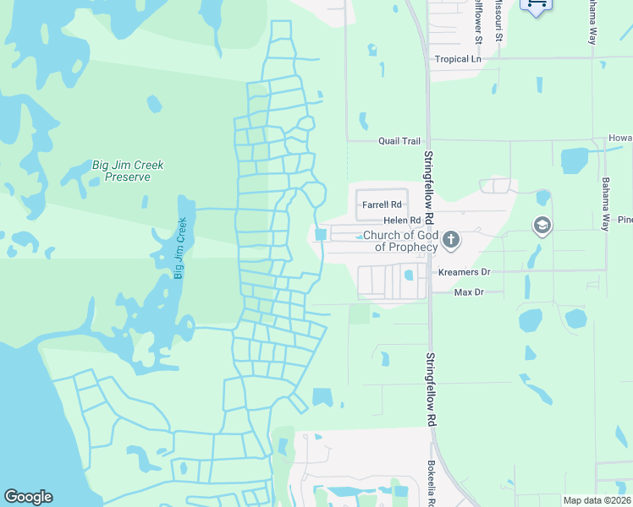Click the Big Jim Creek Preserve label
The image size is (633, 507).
tap(127, 172)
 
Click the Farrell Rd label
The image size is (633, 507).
tap(381, 204)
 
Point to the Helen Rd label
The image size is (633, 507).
tap(402, 220)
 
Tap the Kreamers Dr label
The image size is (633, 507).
tap(464, 272)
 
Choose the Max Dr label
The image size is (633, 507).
tap(468, 292)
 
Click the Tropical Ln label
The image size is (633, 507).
tap(457, 59)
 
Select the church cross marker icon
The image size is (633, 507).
tap(451, 241)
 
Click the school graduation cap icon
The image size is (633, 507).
tap(542, 226)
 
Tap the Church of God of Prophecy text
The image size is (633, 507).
tap(400, 241)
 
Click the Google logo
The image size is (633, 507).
tap(28, 497)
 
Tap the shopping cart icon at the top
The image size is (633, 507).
tap(535, 4)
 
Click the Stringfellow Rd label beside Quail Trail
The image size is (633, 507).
tap(429, 188)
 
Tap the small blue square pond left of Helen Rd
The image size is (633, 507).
tap(321, 235)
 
